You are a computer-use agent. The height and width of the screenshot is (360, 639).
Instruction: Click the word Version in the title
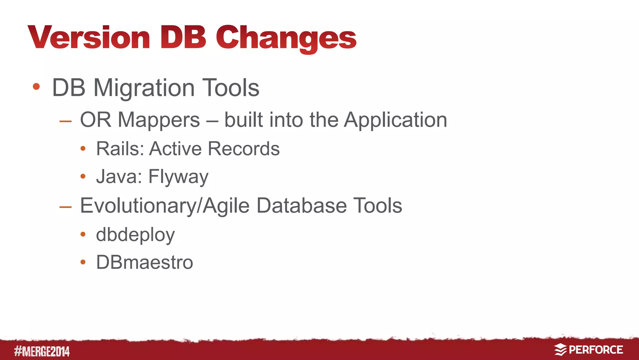89,37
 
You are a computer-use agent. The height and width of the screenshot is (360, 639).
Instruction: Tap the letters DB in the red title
183,37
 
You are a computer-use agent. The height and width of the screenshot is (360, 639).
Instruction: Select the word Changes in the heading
286,38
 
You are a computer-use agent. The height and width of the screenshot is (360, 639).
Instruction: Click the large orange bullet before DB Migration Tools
36,86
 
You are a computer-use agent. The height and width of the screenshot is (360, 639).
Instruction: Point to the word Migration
144,88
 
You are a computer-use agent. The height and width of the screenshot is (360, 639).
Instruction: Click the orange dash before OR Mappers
66,121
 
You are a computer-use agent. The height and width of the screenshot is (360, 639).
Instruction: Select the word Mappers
159,120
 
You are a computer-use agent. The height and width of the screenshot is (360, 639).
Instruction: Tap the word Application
395,120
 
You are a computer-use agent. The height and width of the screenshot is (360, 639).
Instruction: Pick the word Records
244,149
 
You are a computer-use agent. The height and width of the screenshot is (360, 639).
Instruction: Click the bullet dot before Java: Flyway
83,176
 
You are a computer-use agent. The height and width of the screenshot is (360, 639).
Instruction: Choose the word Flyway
178,177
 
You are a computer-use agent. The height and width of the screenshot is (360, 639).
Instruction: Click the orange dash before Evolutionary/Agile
66,207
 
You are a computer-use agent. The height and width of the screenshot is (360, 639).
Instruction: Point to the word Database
301,206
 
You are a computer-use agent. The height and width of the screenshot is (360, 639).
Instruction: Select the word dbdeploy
135,235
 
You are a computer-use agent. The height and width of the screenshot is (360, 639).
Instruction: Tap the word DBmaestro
144,262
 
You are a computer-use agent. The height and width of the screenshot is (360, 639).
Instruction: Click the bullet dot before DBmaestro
83,262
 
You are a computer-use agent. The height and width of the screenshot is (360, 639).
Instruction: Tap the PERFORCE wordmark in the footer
596,350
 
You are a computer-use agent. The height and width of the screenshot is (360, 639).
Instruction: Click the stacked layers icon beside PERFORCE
560,350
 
